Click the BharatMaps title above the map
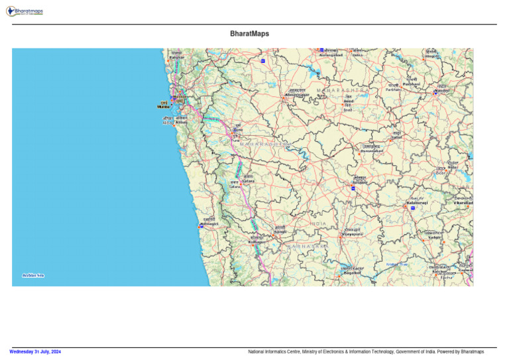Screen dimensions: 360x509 (249, 33)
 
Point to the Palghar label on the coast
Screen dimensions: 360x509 (176, 57)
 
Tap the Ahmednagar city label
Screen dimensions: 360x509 (297, 95)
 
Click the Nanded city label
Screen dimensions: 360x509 (442, 90)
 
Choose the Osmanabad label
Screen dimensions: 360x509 (371, 150)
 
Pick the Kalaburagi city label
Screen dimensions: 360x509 (417, 202)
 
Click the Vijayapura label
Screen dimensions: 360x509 (352, 235)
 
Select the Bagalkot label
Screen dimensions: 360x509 (352, 272)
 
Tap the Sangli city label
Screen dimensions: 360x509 (280, 231)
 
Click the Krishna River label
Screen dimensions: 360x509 (398, 264)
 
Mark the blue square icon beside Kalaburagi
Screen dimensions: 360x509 (412, 208)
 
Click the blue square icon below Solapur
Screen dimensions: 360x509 (353, 188)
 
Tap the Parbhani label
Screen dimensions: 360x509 (412, 84)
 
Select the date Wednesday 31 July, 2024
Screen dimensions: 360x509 (35, 351)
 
